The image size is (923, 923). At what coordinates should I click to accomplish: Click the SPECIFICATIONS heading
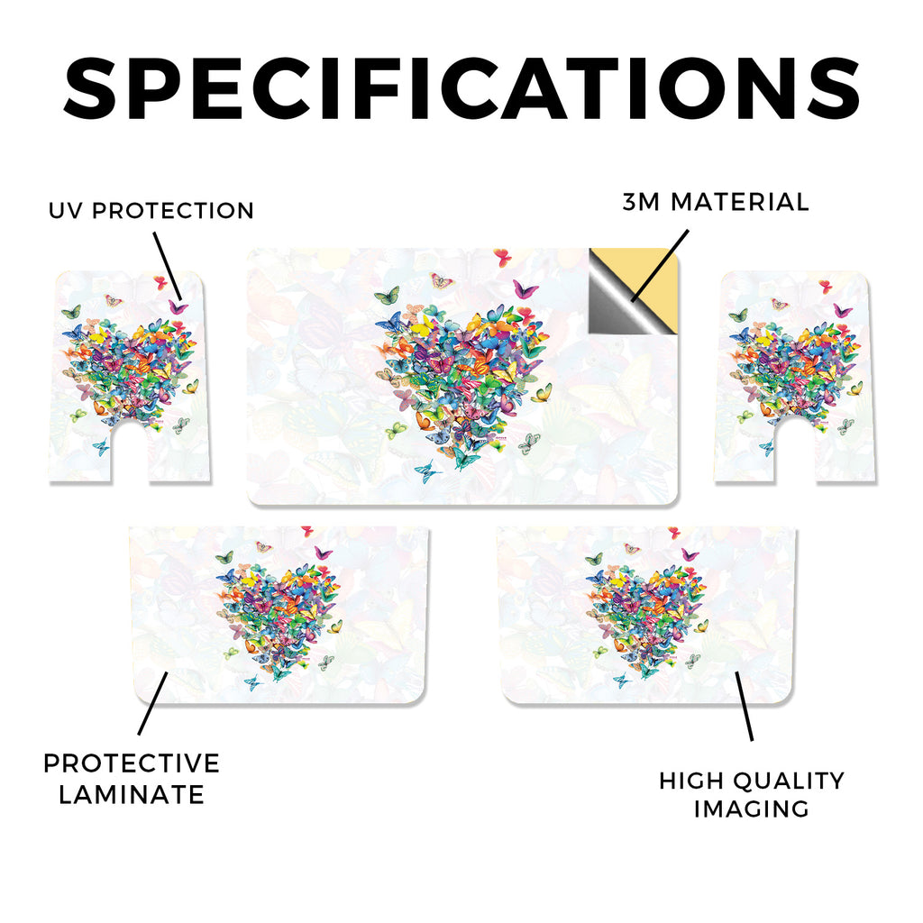tap(461, 88)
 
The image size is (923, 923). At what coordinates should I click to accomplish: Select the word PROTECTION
tap(173, 211)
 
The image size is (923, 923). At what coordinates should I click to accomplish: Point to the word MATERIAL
tap(740, 202)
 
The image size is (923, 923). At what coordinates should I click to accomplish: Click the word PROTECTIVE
tap(132, 763)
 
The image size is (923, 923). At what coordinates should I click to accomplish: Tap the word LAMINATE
tap(132, 795)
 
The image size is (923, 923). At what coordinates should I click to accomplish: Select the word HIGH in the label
tap(691, 781)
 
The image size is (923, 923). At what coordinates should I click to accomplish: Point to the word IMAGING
tap(752, 809)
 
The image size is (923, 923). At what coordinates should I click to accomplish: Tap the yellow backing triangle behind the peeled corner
tap(653, 277)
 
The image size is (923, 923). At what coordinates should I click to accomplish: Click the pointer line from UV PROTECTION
tap(168, 266)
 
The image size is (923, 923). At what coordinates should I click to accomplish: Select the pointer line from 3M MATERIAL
tap(659, 266)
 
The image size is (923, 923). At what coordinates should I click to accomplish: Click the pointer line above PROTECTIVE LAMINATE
tap(153, 703)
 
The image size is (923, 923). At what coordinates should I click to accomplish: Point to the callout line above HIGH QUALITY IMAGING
tap(744, 706)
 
